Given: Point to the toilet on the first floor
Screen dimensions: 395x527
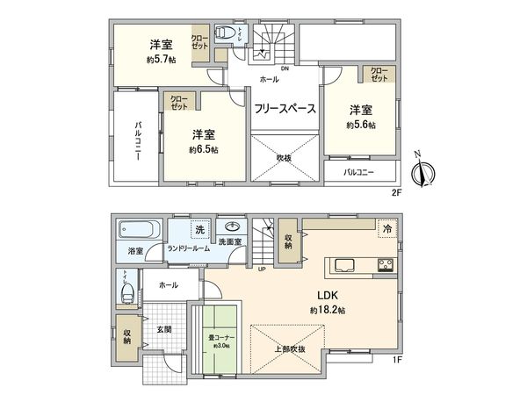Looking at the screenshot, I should (x=124, y=290).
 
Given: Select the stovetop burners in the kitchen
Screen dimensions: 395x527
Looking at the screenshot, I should (x=386, y=265).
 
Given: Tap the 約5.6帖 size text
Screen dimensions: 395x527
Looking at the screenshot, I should (x=360, y=126).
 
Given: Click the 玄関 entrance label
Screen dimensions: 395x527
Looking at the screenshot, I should (x=164, y=330).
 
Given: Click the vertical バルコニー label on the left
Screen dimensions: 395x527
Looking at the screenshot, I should (x=139, y=140).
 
